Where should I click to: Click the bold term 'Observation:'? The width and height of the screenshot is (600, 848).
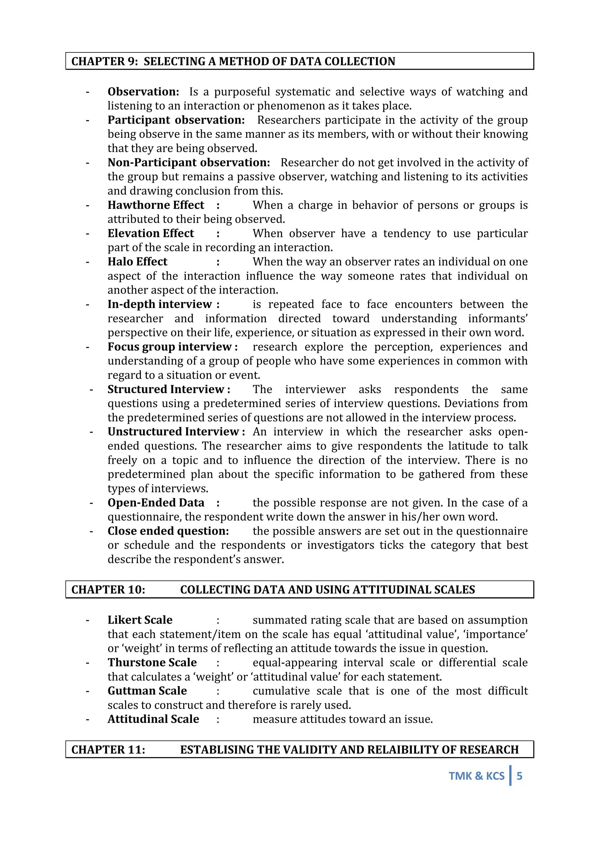pyautogui.click(x=143, y=92)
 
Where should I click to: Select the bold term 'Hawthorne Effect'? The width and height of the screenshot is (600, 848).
pyautogui.click(x=156, y=205)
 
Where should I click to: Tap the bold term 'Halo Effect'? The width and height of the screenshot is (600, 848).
pyautogui.click(x=137, y=262)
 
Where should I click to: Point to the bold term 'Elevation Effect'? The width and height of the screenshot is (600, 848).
pyautogui.click(x=151, y=233)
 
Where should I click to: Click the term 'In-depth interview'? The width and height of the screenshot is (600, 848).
pyautogui.click(x=160, y=304)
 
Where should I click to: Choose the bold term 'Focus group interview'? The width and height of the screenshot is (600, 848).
pyautogui.click(x=170, y=347)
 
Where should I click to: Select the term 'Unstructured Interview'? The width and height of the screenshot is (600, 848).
pyautogui.click(x=173, y=432)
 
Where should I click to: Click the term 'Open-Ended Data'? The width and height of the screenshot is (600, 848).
pyautogui.click(x=156, y=503)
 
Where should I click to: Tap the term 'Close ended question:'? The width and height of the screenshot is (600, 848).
pyautogui.click(x=168, y=531)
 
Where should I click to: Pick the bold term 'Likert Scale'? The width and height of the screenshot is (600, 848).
pyautogui.click(x=140, y=620)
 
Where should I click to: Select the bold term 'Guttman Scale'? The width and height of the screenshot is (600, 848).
pyautogui.click(x=147, y=691)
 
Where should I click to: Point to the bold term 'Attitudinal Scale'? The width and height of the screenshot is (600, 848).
pyautogui.click(x=153, y=719)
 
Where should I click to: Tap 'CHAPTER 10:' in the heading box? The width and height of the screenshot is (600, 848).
pyautogui.click(x=108, y=590)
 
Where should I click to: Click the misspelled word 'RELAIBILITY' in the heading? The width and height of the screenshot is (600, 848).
pyautogui.click(x=410, y=750)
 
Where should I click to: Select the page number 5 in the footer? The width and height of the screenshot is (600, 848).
pyautogui.click(x=519, y=776)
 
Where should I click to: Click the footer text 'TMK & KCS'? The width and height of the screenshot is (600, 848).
pyautogui.click(x=476, y=776)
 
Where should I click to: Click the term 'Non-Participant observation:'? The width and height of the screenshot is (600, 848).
pyautogui.click(x=189, y=163)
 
